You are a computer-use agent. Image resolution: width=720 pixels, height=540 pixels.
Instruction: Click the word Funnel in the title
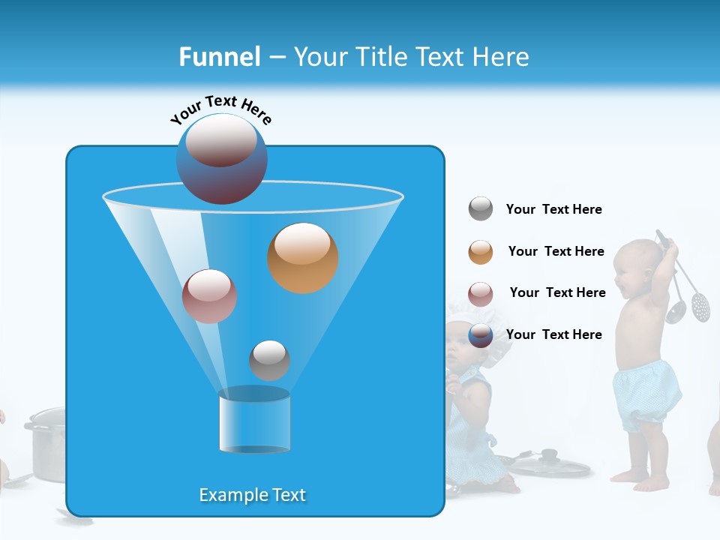[219, 57]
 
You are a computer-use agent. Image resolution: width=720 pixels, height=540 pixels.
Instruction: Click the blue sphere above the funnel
[221, 159]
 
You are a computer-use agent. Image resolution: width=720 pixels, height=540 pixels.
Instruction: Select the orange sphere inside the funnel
[302, 258]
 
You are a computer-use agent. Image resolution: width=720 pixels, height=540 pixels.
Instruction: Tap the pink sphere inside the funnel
[209, 296]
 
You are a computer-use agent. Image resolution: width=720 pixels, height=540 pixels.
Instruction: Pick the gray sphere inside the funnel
[269, 360]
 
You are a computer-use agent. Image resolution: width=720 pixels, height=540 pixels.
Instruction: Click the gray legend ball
[481, 209]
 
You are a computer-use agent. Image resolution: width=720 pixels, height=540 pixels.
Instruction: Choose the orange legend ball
[481, 252]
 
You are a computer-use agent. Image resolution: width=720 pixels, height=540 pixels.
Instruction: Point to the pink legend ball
[481, 293]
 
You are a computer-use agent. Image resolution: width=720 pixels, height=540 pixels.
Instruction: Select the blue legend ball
[481, 335]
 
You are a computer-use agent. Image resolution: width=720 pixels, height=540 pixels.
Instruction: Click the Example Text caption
[253, 495]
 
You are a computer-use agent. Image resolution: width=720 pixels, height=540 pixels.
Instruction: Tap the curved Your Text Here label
[221, 109]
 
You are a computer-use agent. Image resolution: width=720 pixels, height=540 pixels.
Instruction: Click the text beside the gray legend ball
[553, 210]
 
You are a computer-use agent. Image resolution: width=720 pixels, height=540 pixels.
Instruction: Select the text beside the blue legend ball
[553, 334]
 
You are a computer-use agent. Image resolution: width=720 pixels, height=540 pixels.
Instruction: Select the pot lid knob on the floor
[549, 454]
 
